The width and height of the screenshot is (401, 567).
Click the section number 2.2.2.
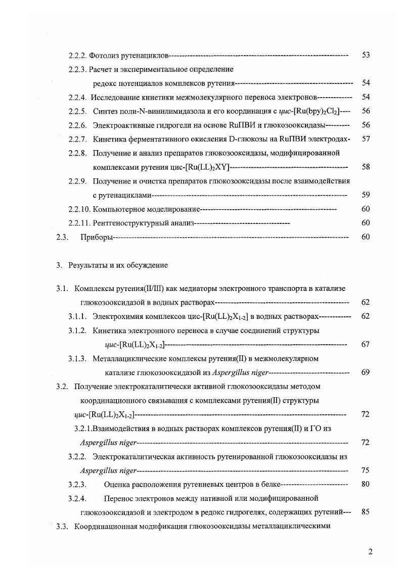[x=77, y=55]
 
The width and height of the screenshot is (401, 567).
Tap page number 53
[x=366, y=55]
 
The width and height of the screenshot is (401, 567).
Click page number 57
[x=366, y=138]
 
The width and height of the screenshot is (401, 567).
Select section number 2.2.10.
[x=79, y=209]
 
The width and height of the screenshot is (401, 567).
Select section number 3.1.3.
[x=77, y=358]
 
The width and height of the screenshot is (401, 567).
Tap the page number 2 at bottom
[x=370, y=551]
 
